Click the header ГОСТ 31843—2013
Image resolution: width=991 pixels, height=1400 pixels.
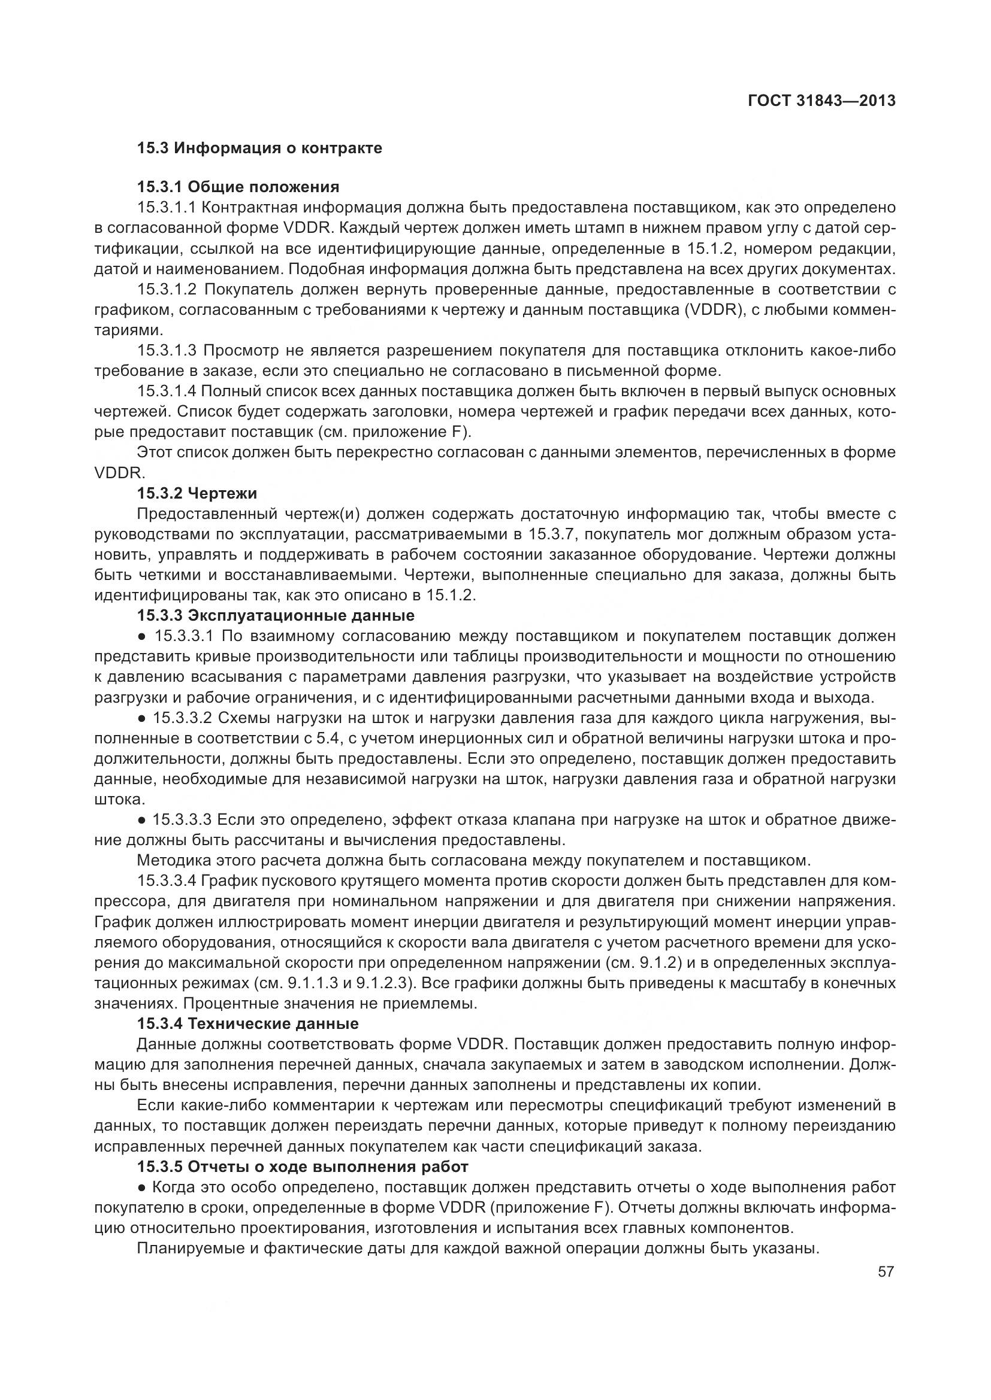pos(821,101)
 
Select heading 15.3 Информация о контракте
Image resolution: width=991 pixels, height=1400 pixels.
pos(259,148)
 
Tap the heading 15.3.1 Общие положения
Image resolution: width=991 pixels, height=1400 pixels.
pos(238,187)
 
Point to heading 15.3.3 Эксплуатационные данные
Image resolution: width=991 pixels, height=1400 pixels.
pos(275,615)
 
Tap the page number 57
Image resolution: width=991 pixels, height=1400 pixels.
pos(886,1271)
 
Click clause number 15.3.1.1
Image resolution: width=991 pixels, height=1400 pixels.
pos(166,207)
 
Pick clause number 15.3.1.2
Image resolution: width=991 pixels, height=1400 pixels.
pos(167,289)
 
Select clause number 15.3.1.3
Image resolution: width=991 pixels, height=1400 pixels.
pos(167,351)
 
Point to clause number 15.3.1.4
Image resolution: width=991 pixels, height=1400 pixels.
pos(167,391)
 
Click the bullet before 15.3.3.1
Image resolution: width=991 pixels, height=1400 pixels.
pos(141,637)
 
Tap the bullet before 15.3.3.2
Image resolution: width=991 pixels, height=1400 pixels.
pos(141,718)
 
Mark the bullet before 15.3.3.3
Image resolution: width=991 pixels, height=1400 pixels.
pos(141,820)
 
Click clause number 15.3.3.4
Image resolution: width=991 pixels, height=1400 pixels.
pos(167,881)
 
